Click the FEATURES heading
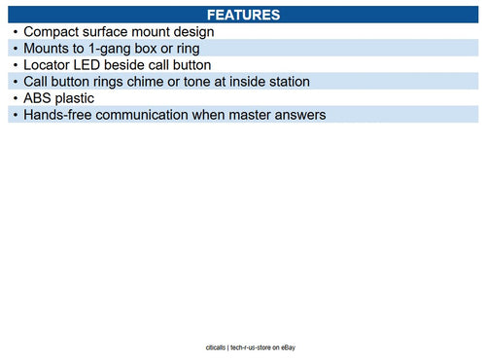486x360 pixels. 243,16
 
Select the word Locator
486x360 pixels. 50,65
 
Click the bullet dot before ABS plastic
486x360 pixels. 15,98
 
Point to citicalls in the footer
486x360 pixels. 211,345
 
